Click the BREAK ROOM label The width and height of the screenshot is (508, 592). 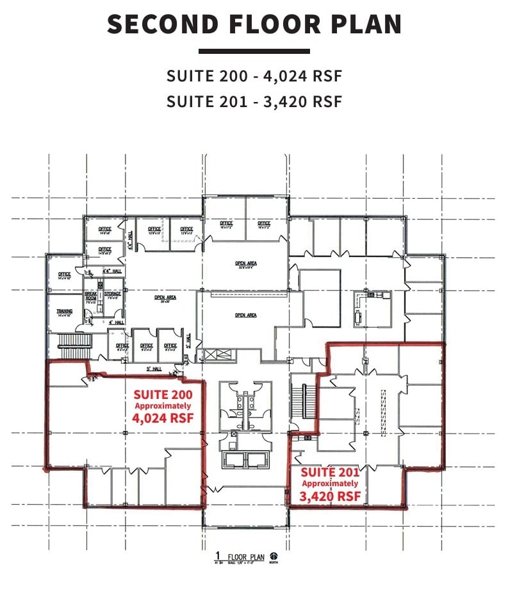click(91, 296)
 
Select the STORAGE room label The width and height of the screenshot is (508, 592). click(113, 294)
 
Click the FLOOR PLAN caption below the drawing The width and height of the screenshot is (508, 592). click(247, 557)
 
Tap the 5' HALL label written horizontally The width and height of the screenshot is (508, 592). click(152, 368)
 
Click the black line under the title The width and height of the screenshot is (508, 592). click(254, 51)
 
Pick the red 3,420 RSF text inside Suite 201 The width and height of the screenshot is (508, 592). click(330, 495)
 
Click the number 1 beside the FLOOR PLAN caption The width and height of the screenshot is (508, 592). click(218, 555)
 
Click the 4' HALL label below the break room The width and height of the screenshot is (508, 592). click(115, 322)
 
